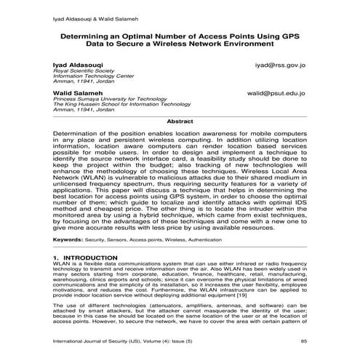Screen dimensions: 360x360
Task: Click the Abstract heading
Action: (180, 121)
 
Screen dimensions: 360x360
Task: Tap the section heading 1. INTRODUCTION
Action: (85, 258)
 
